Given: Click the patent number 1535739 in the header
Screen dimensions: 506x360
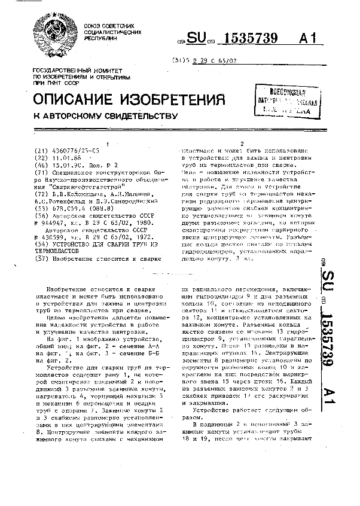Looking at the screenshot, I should pyautogui.click(x=249, y=39).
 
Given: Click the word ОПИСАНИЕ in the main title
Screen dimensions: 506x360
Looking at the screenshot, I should pyautogui.click(x=75, y=99).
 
